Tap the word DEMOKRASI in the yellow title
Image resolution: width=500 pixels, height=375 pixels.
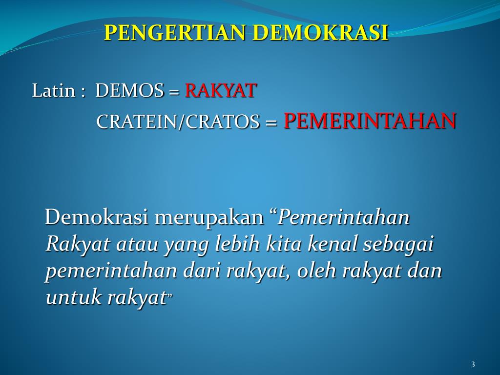322,33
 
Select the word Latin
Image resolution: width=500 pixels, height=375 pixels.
53,91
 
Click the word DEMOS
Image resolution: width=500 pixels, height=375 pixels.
130,91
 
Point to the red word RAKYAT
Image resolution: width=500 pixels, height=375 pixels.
221,91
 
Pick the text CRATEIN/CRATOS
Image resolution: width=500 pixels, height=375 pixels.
178,122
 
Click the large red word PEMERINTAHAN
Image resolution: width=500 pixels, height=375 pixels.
370,121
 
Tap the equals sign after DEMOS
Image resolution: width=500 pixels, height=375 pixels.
174,92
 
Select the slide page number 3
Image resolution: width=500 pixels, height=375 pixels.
473,365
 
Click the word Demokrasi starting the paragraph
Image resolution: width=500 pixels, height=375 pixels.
96,218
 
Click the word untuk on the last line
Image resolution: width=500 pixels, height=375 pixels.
73,298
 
